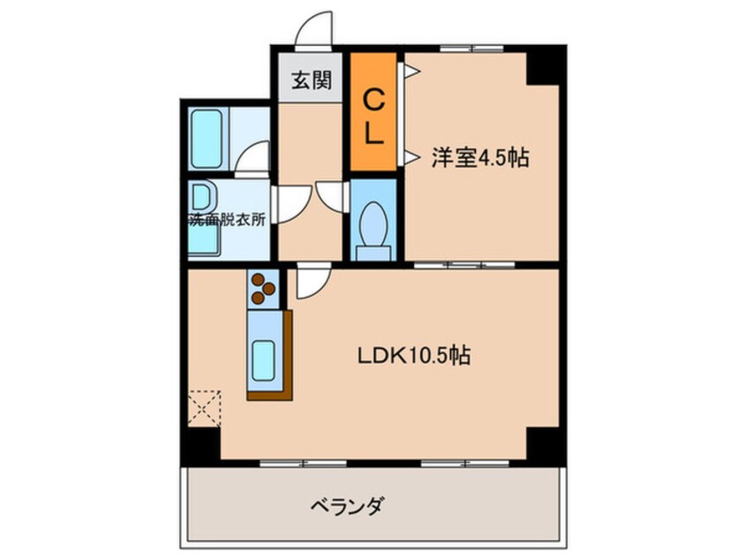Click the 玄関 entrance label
click(x=311, y=79)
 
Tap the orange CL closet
click(x=374, y=111)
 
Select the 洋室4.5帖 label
click(x=480, y=158)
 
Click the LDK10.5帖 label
click(x=414, y=355)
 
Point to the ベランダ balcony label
click(x=346, y=505)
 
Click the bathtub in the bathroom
click(x=207, y=138)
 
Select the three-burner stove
click(x=263, y=288)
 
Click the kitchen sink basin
click(x=263, y=360)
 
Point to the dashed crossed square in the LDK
click(x=204, y=407)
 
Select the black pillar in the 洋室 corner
click(x=542, y=67)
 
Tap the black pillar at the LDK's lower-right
click(x=543, y=443)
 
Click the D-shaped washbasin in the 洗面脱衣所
click(x=203, y=197)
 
